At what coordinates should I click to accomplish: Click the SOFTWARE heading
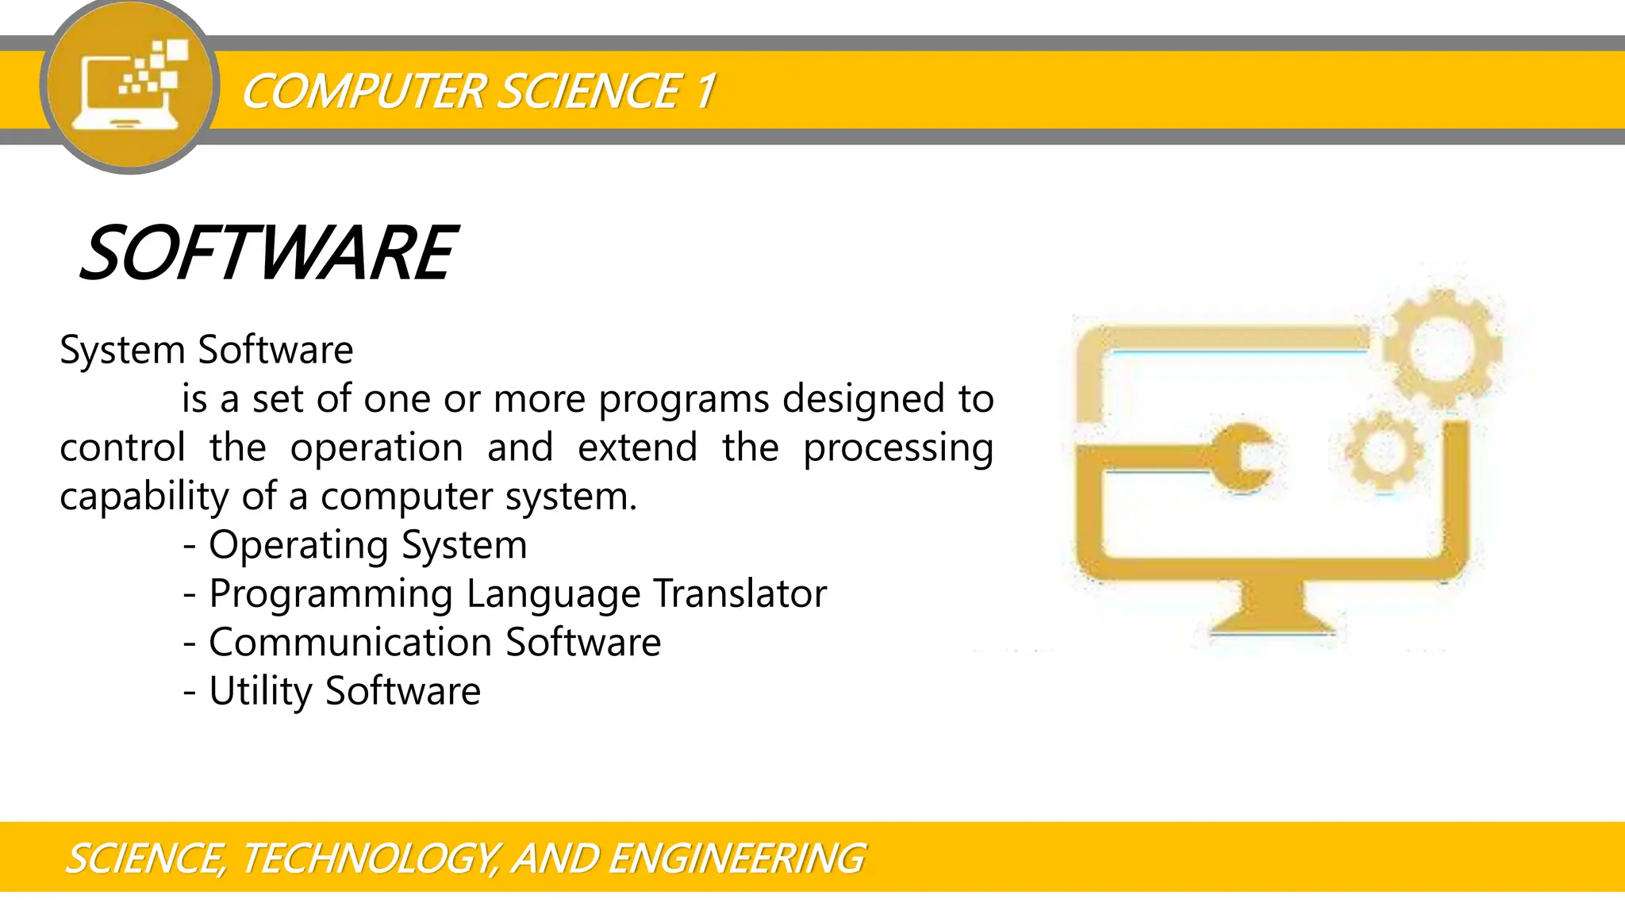coord(268,253)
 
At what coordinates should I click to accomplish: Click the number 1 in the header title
coord(705,91)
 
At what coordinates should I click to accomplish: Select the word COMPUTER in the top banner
coord(363,91)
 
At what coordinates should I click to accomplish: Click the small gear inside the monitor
coord(1384,450)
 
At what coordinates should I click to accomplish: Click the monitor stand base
coord(1273,615)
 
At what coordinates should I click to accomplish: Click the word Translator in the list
coord(740,593)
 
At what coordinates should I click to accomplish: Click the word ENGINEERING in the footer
coord(736,858)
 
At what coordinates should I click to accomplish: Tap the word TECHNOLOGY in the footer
coord(368,858)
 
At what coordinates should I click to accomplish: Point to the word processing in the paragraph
coord(897,448)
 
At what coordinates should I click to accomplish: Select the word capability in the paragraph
coord(144,497)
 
